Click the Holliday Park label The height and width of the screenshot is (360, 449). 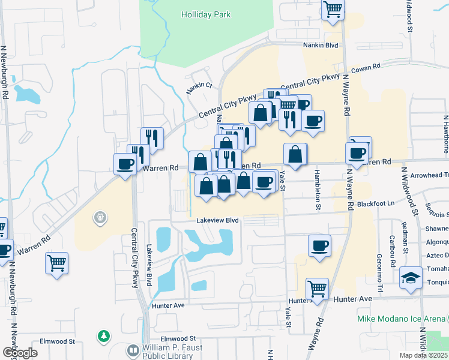(206, 14)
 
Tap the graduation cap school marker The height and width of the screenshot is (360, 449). (411, 278)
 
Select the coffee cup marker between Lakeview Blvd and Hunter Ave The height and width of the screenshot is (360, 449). (319, 245)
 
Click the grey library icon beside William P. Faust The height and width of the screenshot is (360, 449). (133, 349)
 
